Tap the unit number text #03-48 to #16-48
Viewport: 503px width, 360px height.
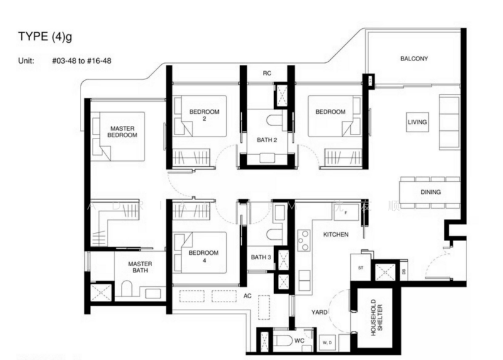click(82, 62)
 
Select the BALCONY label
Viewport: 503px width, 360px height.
click(414, 59)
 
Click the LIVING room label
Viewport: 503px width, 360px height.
click(417, 122)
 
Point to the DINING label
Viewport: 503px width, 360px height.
click(430, 192)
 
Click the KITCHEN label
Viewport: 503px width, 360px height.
click(336, 234)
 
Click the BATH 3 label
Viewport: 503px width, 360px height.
click(260, 257)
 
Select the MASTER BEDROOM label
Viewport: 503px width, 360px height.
click(122, 131)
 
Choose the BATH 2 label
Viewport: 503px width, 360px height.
click(267, 140)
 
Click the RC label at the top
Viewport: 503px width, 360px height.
click(267, 73)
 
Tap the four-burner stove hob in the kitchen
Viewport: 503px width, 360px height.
click(303, 241)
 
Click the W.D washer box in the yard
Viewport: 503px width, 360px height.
click(327, 342)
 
